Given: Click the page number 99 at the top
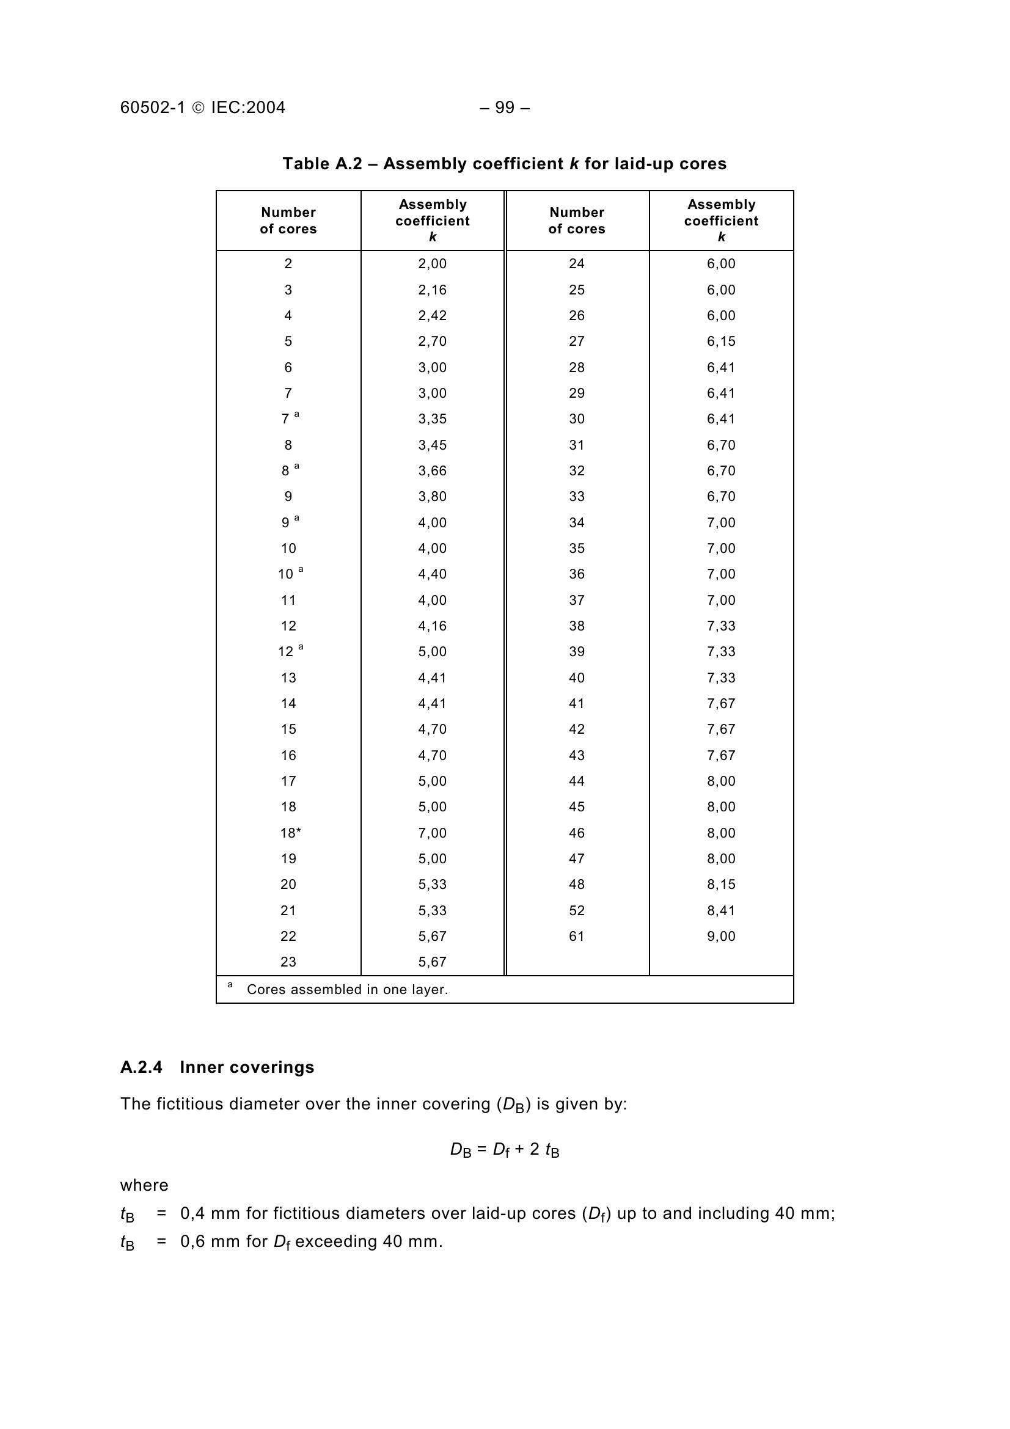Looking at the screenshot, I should tap(505, 108).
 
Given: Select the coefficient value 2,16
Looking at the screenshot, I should tap(432, 290).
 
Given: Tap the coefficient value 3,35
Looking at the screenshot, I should tap(432, 419).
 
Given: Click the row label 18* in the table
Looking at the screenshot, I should tap(290, 833).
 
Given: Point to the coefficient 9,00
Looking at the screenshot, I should tap(720, 936).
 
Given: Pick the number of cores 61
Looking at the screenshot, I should tap(576, 936).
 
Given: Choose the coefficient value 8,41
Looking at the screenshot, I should tap(720, 910).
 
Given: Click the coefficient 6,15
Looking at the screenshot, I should tap(720, 341).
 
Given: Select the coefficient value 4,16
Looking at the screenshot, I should tap(432, 626).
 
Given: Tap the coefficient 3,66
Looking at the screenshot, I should tap(432, 470).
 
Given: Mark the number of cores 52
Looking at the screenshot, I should tap(576, 910).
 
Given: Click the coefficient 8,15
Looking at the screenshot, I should tap(720, 885).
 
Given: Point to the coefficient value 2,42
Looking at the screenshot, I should tap(432, 315).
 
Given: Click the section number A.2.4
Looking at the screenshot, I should tap(141, 1067).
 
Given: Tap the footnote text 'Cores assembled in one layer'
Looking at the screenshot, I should tap(346, 990).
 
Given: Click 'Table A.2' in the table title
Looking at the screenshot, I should tap(322, 164).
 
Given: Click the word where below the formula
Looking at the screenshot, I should tap(144, 1185).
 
